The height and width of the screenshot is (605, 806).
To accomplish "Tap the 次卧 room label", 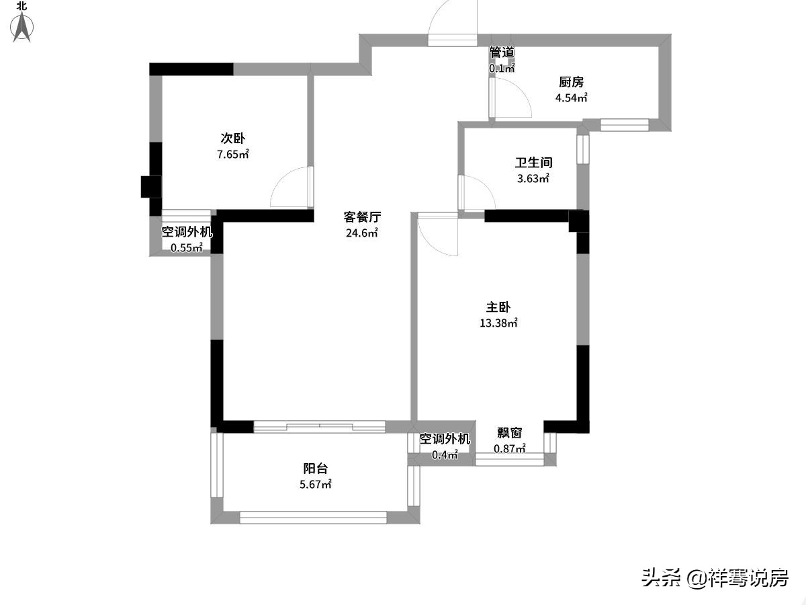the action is pos(233,138).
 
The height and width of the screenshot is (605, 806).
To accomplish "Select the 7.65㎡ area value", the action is pos(233,154).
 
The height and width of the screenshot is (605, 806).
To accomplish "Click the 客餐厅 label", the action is pos(362,217).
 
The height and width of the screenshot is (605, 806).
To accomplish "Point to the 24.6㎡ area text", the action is pos(362,233).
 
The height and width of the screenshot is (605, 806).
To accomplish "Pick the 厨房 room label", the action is pos(572,82).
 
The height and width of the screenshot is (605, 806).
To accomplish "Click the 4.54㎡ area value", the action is pos(572,97).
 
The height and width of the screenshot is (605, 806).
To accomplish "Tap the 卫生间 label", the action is pos(533,163).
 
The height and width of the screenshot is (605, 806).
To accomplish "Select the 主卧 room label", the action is pos(498,307).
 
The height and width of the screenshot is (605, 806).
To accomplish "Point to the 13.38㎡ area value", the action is pos(498,323).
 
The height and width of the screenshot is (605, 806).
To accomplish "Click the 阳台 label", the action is pos(316,469).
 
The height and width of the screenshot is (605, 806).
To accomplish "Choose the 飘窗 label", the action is pos(510,433).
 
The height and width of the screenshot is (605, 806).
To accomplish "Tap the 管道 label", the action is pos(502,52).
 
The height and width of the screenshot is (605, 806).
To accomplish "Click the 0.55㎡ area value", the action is pos(187,247).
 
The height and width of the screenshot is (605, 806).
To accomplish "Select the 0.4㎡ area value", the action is pos(445,455).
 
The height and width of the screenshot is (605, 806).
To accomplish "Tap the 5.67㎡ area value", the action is pos(316,484).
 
